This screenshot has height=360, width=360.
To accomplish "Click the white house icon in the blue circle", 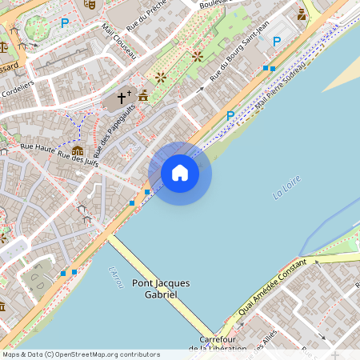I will (x=180, y=173).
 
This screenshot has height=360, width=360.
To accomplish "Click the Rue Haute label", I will (x=38, y=147).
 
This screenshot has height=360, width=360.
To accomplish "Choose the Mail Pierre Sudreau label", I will (x=282, y=87).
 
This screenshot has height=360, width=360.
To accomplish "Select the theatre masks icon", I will (x=90, y=4).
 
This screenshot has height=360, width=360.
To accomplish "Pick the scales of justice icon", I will (x=4, y=46).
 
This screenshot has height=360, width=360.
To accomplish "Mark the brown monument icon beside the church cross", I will (x=143, y=96).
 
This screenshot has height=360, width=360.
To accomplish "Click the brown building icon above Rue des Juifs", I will (x=78, y=150).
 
